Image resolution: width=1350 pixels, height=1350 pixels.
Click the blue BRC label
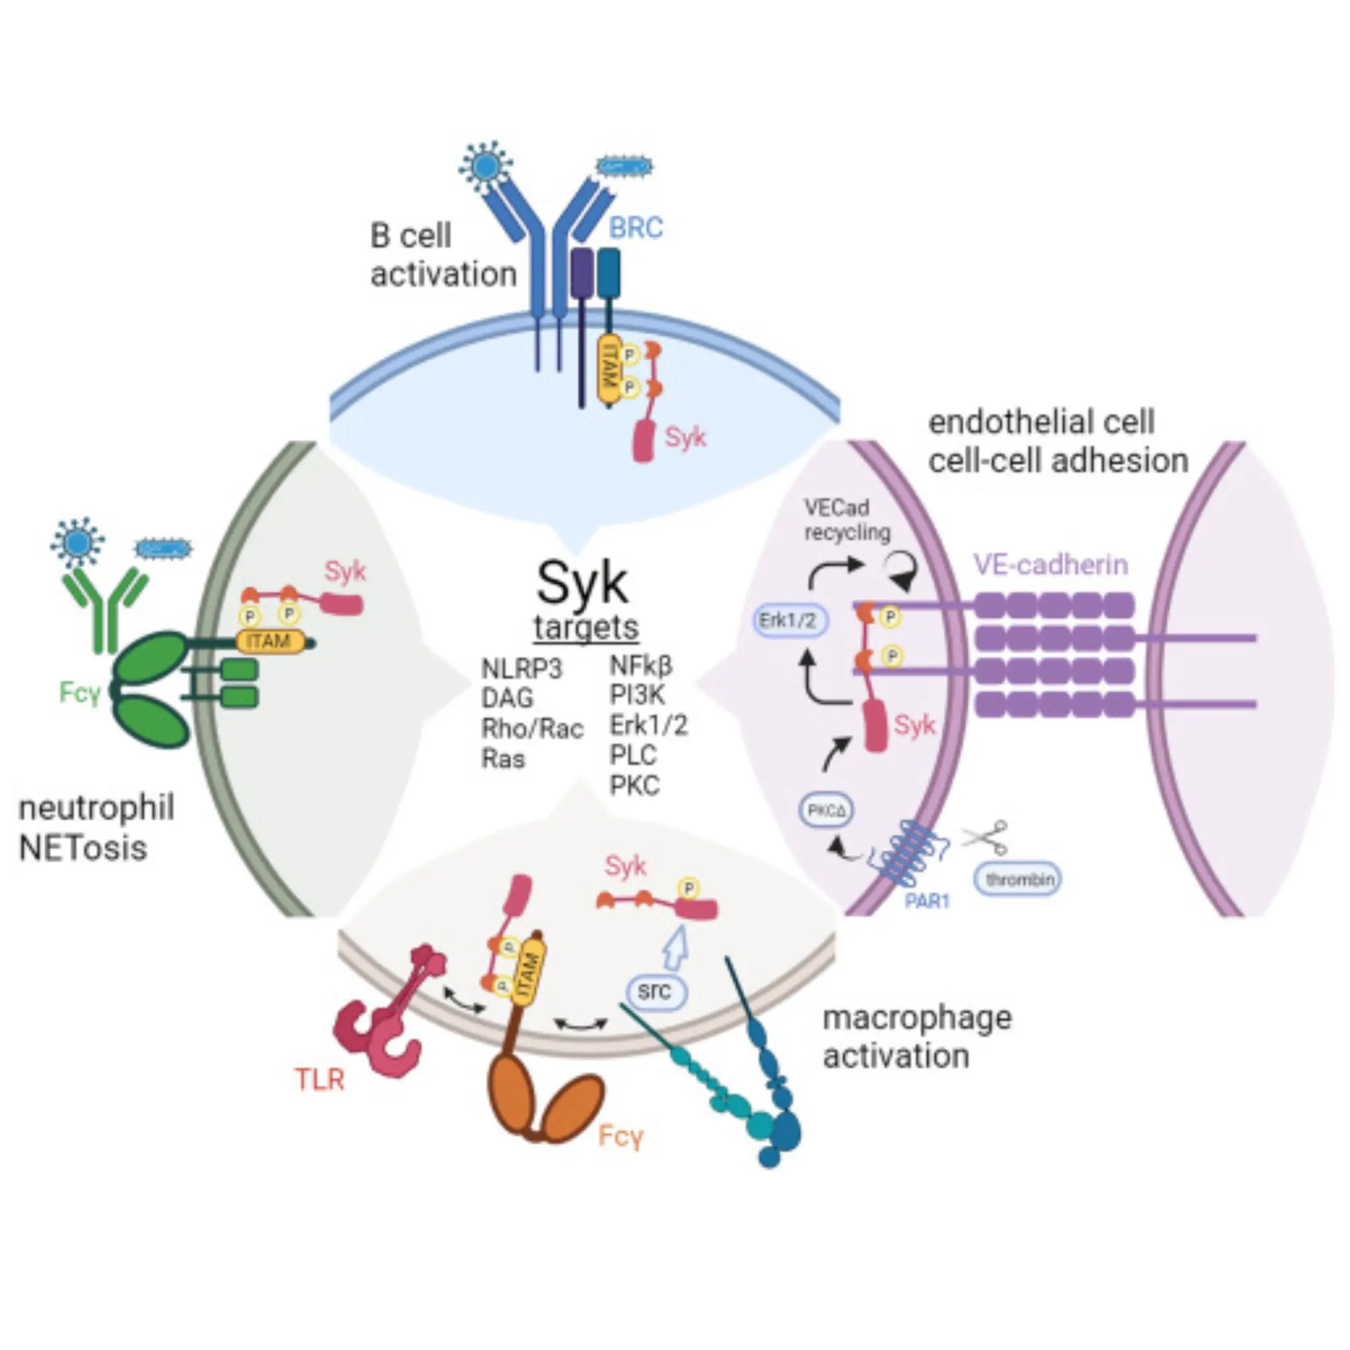635,229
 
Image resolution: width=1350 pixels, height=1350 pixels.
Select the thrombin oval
1019,879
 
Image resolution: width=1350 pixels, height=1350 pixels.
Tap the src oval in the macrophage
654,991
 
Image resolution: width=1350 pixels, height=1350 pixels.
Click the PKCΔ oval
827,811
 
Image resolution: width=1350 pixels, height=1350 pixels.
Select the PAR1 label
927,901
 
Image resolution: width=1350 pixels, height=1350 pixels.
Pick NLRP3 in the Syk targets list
521,669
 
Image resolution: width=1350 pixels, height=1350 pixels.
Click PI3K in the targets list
637,695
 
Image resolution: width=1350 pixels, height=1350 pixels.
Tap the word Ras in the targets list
503,758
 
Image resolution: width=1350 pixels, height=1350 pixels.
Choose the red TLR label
320,1079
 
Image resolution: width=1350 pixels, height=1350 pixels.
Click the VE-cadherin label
1051,565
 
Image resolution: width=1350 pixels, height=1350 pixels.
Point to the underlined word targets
586,627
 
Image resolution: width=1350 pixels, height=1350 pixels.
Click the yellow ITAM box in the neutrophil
270,641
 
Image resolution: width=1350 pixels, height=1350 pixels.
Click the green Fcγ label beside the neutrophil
79,693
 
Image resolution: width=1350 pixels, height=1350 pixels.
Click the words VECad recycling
847,519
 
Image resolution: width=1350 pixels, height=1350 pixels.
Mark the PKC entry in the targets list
635,785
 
